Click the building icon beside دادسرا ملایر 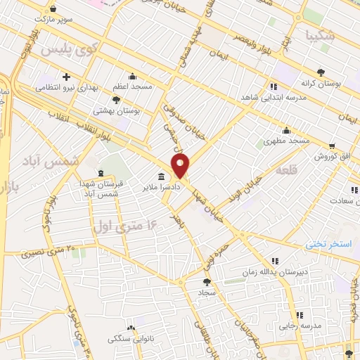coord(162,176)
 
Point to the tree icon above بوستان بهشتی coord(117,100)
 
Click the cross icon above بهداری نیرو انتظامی coord(67,76)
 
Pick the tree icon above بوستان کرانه coord(321,72)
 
